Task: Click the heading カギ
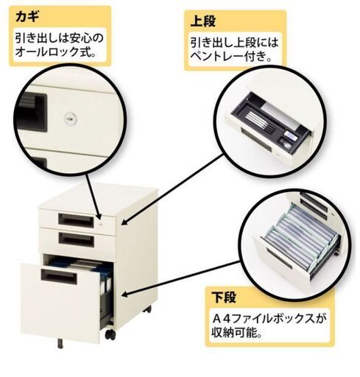click(27, 17)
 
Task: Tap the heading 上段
click(203, 21)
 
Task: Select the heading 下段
click(224, 297)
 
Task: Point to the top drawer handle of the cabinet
click(76, 219)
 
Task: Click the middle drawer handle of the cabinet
click(77, 239)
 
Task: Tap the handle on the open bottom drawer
click(59, 276)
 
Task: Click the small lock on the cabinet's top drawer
click(101, 223)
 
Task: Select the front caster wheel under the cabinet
click(110, 335)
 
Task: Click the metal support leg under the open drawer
click(60, 344)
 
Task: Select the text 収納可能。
click(236, 333)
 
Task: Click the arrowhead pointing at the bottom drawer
click(125, 295)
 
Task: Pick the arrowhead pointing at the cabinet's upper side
click(125, 222)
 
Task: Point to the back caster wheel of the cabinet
click(147, 309)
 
